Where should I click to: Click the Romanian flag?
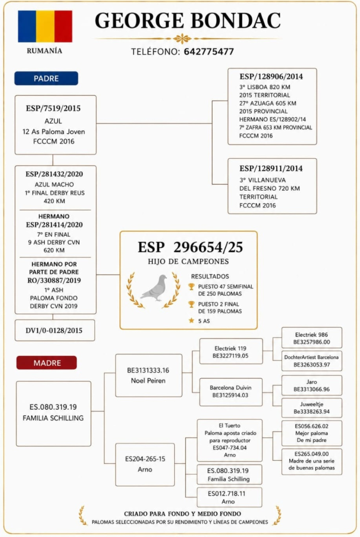click(x=45, y=26)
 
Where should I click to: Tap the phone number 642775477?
click(x=209, y=51)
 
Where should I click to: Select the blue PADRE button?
click(x=46, y=78)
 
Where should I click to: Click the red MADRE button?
click(x=47, y=363)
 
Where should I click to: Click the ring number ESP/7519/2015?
click(x=53, y=108)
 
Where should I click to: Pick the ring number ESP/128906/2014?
click(x=271, y=77)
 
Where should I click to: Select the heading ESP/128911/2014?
click(x=271, y=168)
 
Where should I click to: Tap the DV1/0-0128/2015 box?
click(x=55, y=330)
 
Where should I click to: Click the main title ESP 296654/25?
click(x=190, y=247)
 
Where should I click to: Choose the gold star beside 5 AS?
click(x=191, y=320)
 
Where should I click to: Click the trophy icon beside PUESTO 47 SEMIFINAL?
click(x=191, y=286)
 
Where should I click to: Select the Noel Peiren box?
click(x=149, y=375)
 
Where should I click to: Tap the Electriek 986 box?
click(x=312, y=338)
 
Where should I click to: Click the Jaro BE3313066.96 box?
click(x=312, y=385)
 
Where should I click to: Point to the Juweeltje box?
click(x=312, y=408)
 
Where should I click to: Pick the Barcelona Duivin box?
click(x=231, y=392)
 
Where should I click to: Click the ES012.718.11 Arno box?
click(x=230, y=497)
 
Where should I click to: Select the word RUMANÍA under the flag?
click(x=44, y=51)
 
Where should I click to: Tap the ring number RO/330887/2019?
click(x=54, y=281)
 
